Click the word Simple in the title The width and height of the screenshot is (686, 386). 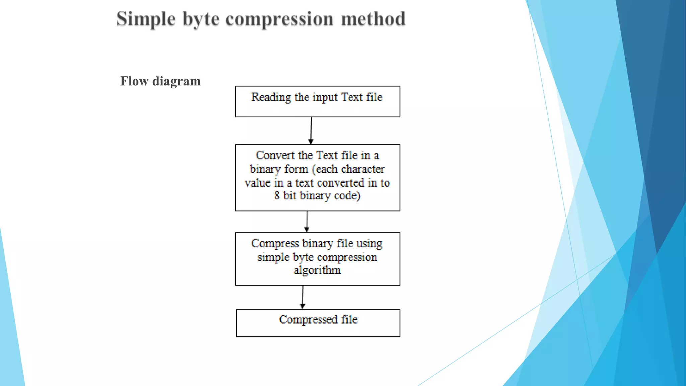(146, 19)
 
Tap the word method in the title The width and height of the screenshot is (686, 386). (373, 19)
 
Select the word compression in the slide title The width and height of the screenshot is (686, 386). (279, 19)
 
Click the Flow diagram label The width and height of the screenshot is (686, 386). (160, 81)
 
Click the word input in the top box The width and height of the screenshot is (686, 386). (325, 98)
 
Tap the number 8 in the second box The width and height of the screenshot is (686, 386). (277, 195)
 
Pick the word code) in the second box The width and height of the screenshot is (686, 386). (347, 196)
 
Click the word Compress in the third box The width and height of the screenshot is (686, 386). (275, 244)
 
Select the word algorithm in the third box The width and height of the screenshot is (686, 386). (317, 270)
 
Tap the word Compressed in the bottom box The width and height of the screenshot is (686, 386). (308, 320)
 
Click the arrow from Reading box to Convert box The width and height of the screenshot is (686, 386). (311, 131)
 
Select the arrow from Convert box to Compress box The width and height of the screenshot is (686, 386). (307, 221)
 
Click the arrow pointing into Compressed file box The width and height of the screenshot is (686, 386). (303, 297)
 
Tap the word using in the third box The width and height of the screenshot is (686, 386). (369, 244)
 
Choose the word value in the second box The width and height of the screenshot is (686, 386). (257, 183)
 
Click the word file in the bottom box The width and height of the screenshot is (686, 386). (349, 320)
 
